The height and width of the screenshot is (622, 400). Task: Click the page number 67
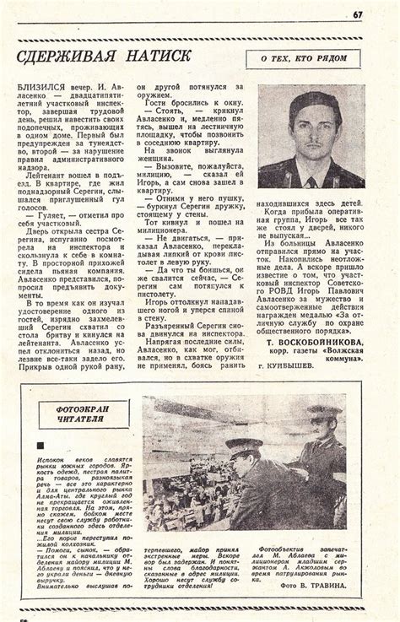pos(358,13)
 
